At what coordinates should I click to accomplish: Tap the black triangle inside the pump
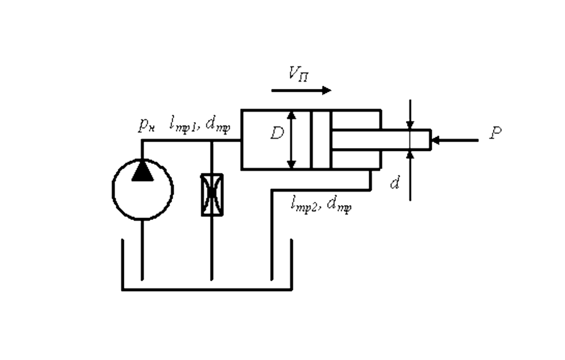point(142,172)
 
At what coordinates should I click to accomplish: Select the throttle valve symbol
point(212,195)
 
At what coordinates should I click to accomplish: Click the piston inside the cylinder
point(321,139)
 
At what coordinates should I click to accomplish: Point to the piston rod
point(381,140)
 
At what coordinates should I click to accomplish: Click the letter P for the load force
point(494,133)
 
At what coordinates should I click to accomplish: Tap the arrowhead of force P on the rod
point(436,140)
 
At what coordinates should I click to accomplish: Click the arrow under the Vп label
point(301,90)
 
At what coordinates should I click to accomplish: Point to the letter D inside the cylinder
point(277,134)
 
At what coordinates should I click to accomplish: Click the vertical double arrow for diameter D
point(291,139)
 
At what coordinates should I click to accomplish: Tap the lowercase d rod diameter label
point(395,183)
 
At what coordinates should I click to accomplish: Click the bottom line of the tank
point(207,289)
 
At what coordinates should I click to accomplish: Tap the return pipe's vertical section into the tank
point(272,236)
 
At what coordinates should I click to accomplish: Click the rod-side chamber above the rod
point(355,120)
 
